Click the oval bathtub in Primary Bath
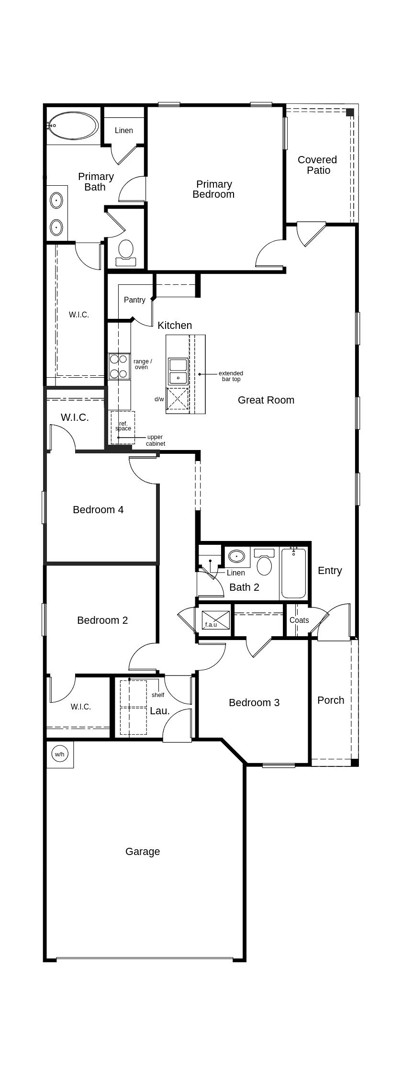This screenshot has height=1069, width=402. point(73,126)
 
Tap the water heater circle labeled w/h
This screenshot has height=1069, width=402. point(59,754)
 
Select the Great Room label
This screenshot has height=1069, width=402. point(266,400)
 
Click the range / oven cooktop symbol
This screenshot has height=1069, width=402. point(118,366)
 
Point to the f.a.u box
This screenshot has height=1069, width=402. point(215,620)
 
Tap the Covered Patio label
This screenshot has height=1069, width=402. point(317,165)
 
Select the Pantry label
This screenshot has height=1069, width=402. point(134,300)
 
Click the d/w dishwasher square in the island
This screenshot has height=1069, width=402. point(177,398)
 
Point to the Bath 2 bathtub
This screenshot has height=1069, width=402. point(293,574)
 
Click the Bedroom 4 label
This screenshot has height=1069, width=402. point(98,510)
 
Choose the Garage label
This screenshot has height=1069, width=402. point(143,852)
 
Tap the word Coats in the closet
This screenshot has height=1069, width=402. point(299,620)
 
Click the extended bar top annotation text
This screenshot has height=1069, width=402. point(231,376)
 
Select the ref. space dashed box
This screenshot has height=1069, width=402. point(123,427)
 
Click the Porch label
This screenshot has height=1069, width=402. point(331,700)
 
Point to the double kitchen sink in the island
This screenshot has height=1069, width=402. point(178,371)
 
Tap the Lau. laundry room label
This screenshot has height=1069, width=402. point(160,711)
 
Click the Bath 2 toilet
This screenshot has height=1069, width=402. point(264,564)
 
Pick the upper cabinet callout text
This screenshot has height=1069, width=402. point(156,440)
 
